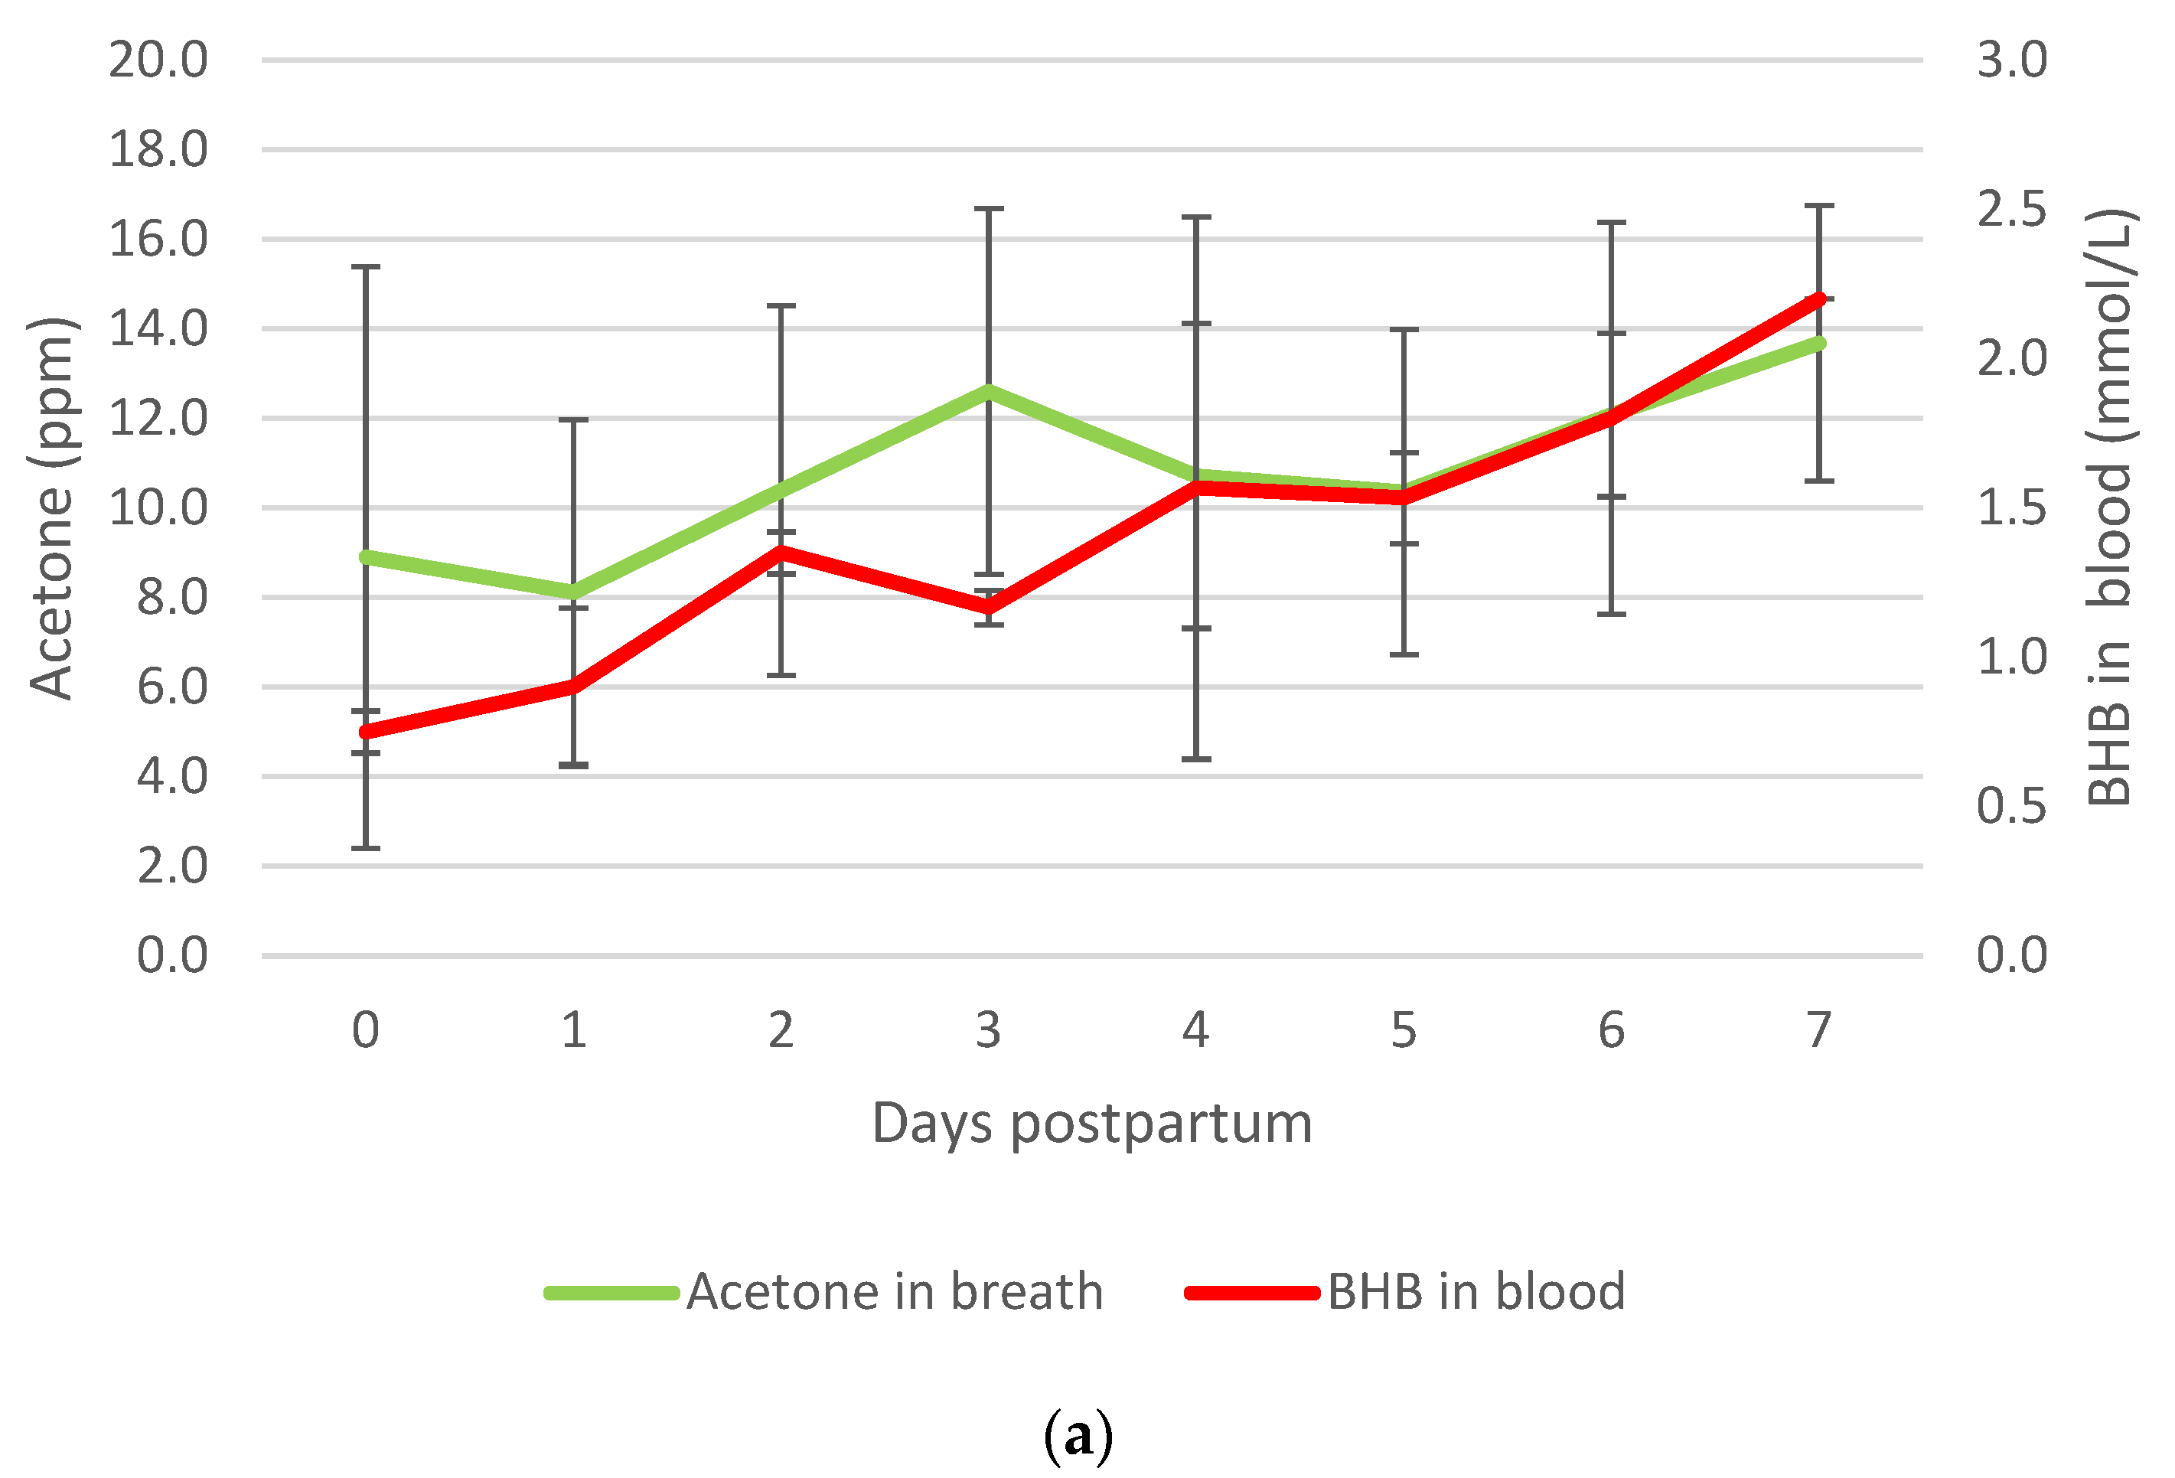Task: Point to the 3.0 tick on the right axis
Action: (x=2011, y=60)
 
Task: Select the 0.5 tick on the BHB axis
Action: (x=2011, y=806)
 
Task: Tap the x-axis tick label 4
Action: (x=1195, y=1030)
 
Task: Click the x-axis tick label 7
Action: (x=1818, y=1030)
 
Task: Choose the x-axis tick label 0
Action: (x=366, y=1030)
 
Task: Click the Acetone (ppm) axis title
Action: (x=51, y=509)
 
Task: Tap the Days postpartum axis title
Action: (x=1091, y=1124)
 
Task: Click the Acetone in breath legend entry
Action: (x=823, y=1293)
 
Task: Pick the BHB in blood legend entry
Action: (x=1404, y=1293)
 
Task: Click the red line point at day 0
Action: (x=366, y=732)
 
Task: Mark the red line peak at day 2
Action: (x=781, y=551)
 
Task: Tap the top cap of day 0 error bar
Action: (x=366, y=268)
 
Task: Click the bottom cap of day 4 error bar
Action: (x=1195, y=759)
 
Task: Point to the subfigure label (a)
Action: (x=1078, y=1435)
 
